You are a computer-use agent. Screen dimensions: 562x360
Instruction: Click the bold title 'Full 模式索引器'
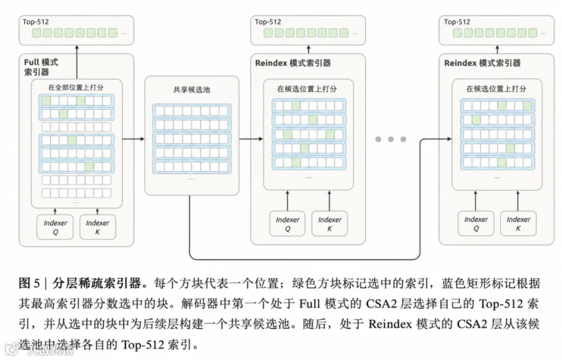click(x=41, y=67)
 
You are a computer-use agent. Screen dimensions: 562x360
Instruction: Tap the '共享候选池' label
click(x=192, y=90)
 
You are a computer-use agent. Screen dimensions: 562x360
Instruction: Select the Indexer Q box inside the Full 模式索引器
click(x=55, y=227)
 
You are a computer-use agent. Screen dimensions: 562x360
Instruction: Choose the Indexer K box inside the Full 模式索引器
click(x=97, y=227)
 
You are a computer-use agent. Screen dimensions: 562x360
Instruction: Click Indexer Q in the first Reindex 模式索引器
click(x=287, y=223)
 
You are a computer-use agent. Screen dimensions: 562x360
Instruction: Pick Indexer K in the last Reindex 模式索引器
click(x=518, y=223)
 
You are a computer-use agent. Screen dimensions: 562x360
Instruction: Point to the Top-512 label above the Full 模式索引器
click(x=36, y=22)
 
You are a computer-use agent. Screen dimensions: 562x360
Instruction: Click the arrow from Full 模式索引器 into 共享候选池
click(x=134, y=139)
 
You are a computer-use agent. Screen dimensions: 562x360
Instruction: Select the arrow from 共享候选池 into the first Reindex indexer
click(x=251, y=139)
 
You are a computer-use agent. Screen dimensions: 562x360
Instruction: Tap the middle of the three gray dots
click(x=391, y=139)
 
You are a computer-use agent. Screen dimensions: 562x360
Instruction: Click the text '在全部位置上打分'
click(x=76, y=87)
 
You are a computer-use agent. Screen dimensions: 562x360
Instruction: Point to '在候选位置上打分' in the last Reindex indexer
click(x=496, y=89)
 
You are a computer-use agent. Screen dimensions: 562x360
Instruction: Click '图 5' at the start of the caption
click(x=29, y=283)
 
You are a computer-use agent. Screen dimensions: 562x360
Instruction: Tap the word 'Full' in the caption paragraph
click(x=310, y=304)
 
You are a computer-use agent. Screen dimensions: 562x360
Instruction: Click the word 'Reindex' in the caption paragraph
click(x=390, y=324)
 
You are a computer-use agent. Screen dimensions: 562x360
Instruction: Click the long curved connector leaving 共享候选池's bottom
click(x=305, y=259)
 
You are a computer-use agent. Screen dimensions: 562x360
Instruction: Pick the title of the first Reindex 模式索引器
click(x=293, y=63)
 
